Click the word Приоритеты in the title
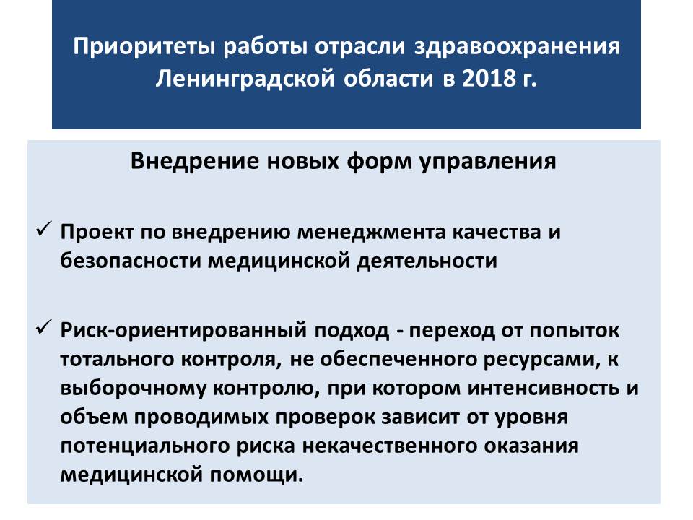click(144, 47)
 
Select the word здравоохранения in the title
click(517, 47)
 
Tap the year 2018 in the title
click(489, 79)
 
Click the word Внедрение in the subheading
click(194, 161)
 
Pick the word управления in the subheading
click(487, 162)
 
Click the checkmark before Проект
click(44, 229)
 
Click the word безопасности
click(131, 261)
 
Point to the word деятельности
click(427, 261)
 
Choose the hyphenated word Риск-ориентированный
click(183, 331)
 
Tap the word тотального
click(117, 359)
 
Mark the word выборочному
click(134, 389)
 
